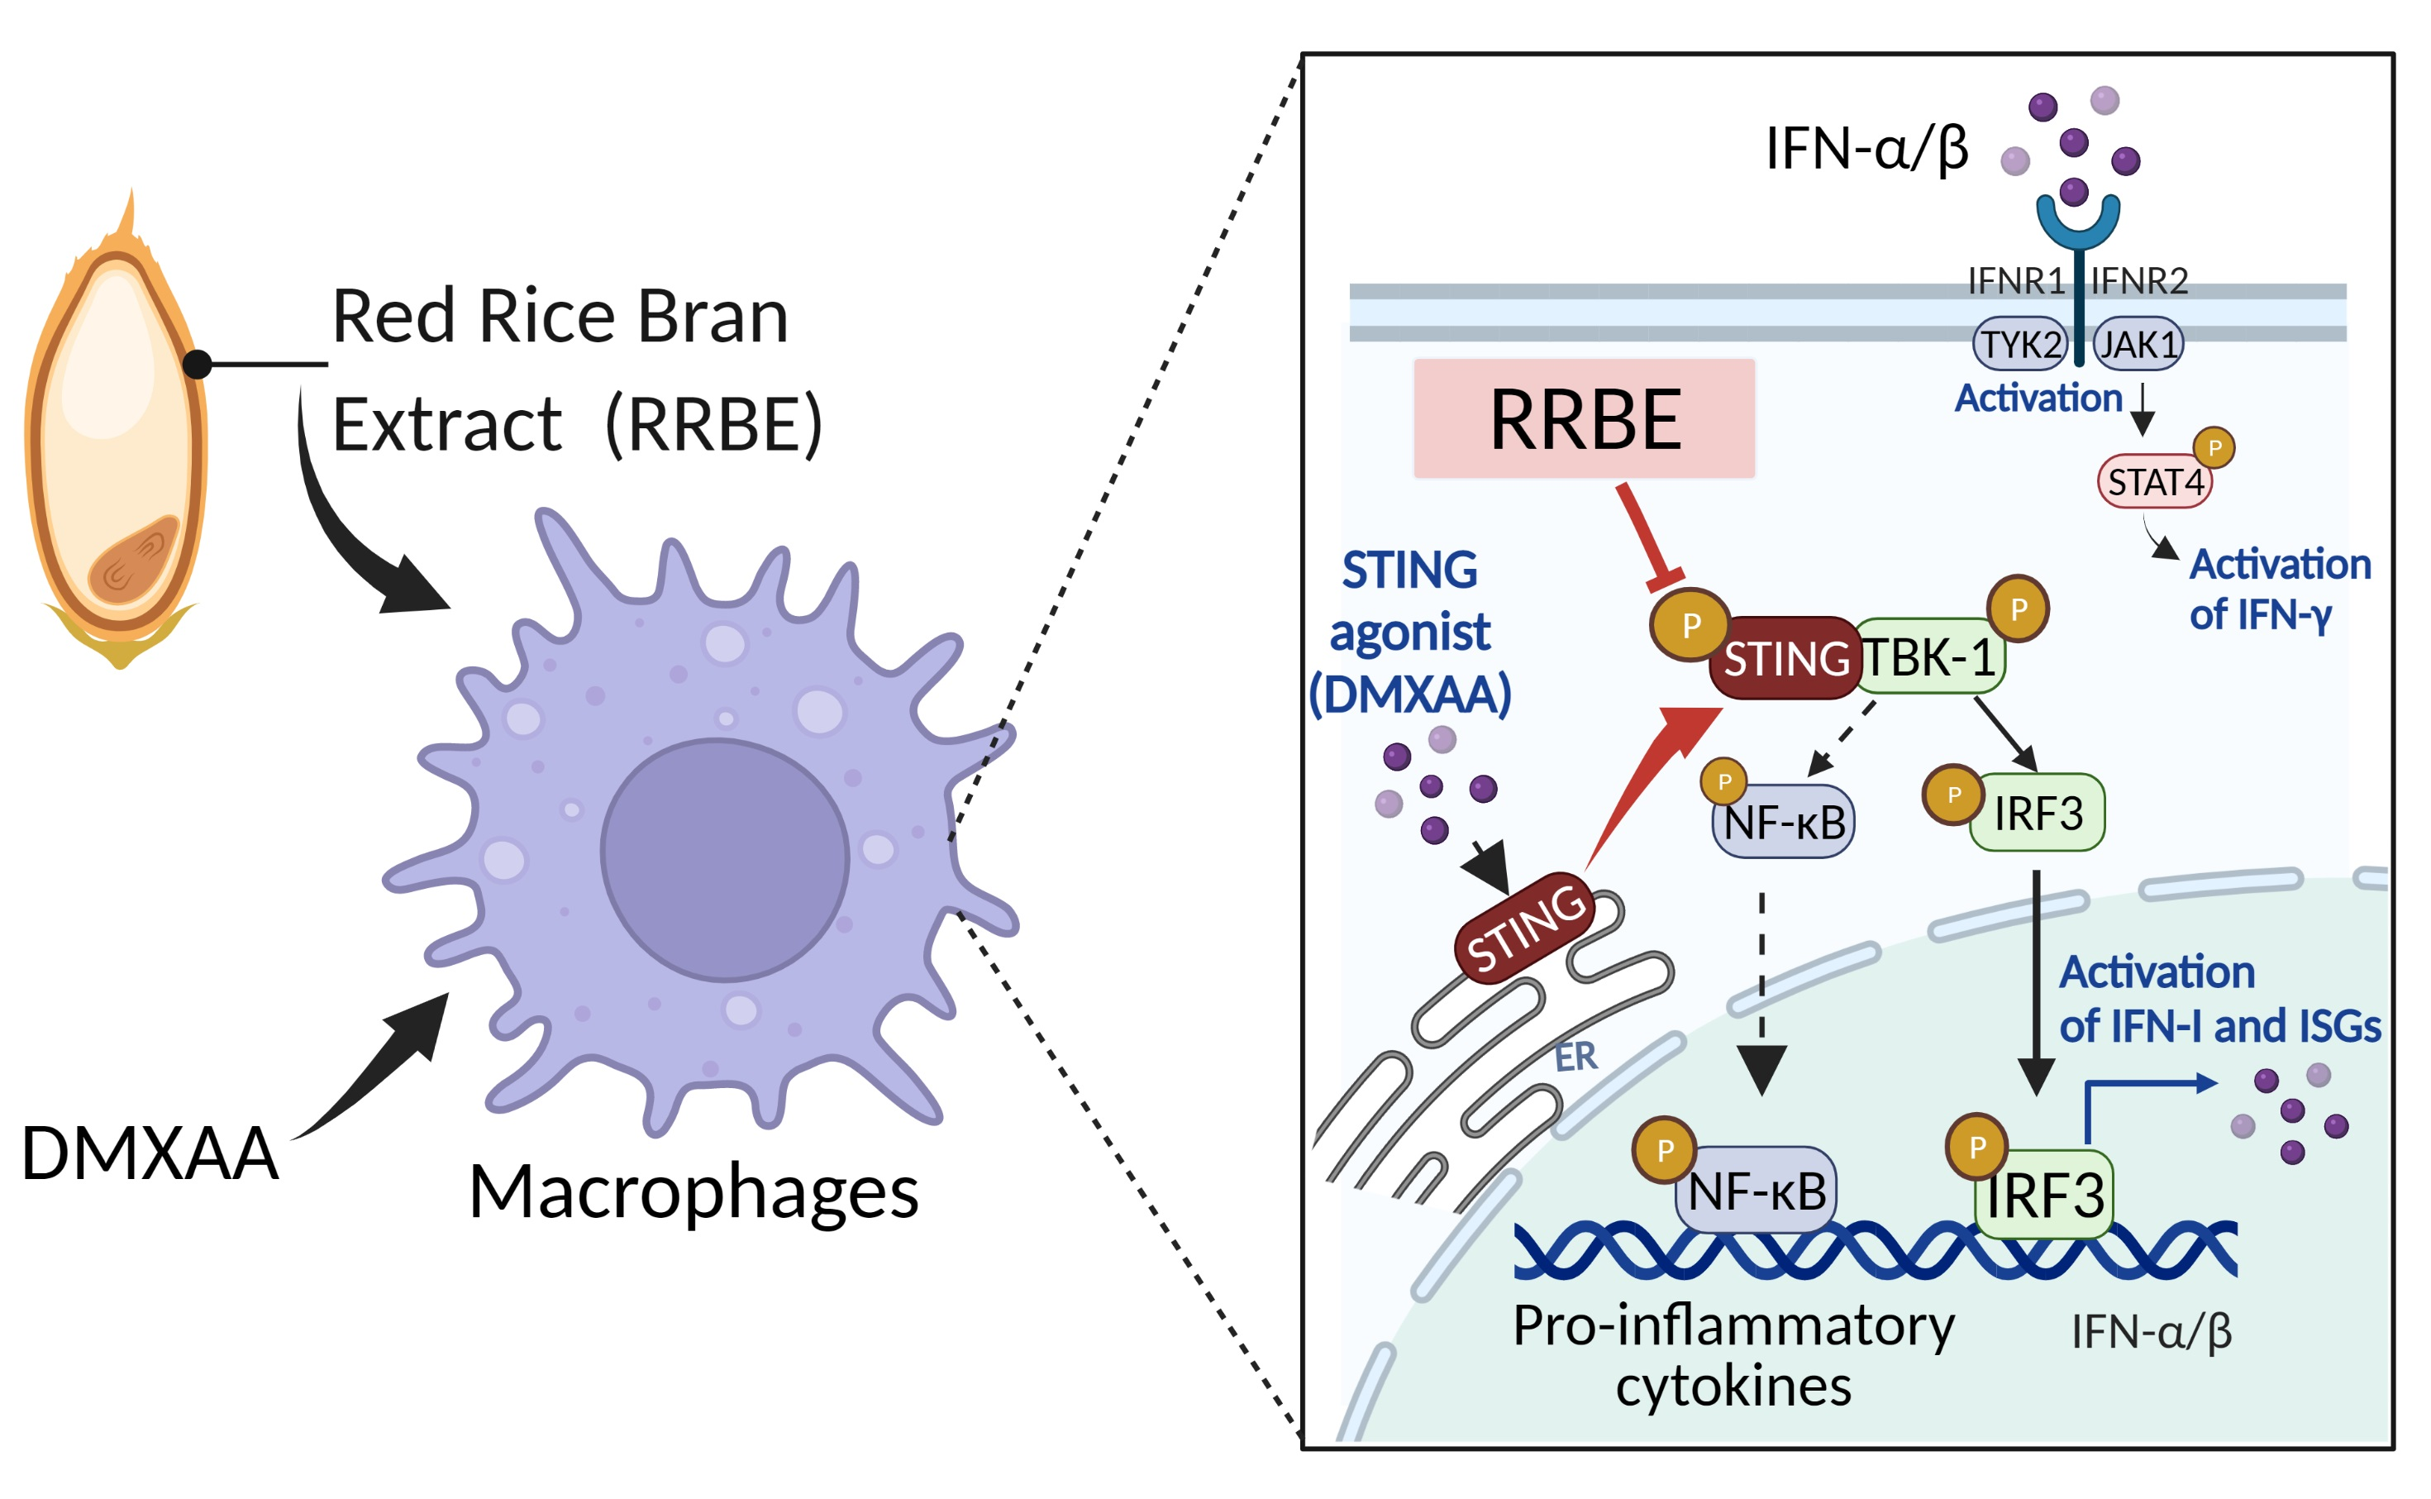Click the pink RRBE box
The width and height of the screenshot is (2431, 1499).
(x=1583, y=418)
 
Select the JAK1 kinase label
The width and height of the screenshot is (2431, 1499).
(x=2138, y=344)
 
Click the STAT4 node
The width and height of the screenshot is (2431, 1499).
(x=2153, y=482)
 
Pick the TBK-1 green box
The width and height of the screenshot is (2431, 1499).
(x=1928, y=656)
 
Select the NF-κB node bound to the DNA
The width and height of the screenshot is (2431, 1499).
(x=1755, y=1191)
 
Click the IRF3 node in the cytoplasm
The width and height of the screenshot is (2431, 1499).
(x=2038, y=813)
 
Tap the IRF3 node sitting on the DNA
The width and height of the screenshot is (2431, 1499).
(x=2044, y=1195)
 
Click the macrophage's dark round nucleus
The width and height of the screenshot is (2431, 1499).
(x=724, y=860)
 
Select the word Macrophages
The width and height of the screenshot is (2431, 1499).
(x=693, y=1191)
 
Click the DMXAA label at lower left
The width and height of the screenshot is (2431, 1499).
(x=150, y=1153)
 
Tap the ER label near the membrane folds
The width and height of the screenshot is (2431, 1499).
(x=1575, y=1057)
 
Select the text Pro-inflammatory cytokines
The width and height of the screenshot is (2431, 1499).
(x=1733, y=1354)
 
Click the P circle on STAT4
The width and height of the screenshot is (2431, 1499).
(x=2213, y=447)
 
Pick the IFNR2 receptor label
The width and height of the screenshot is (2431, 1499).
(x=2138, y=282)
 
